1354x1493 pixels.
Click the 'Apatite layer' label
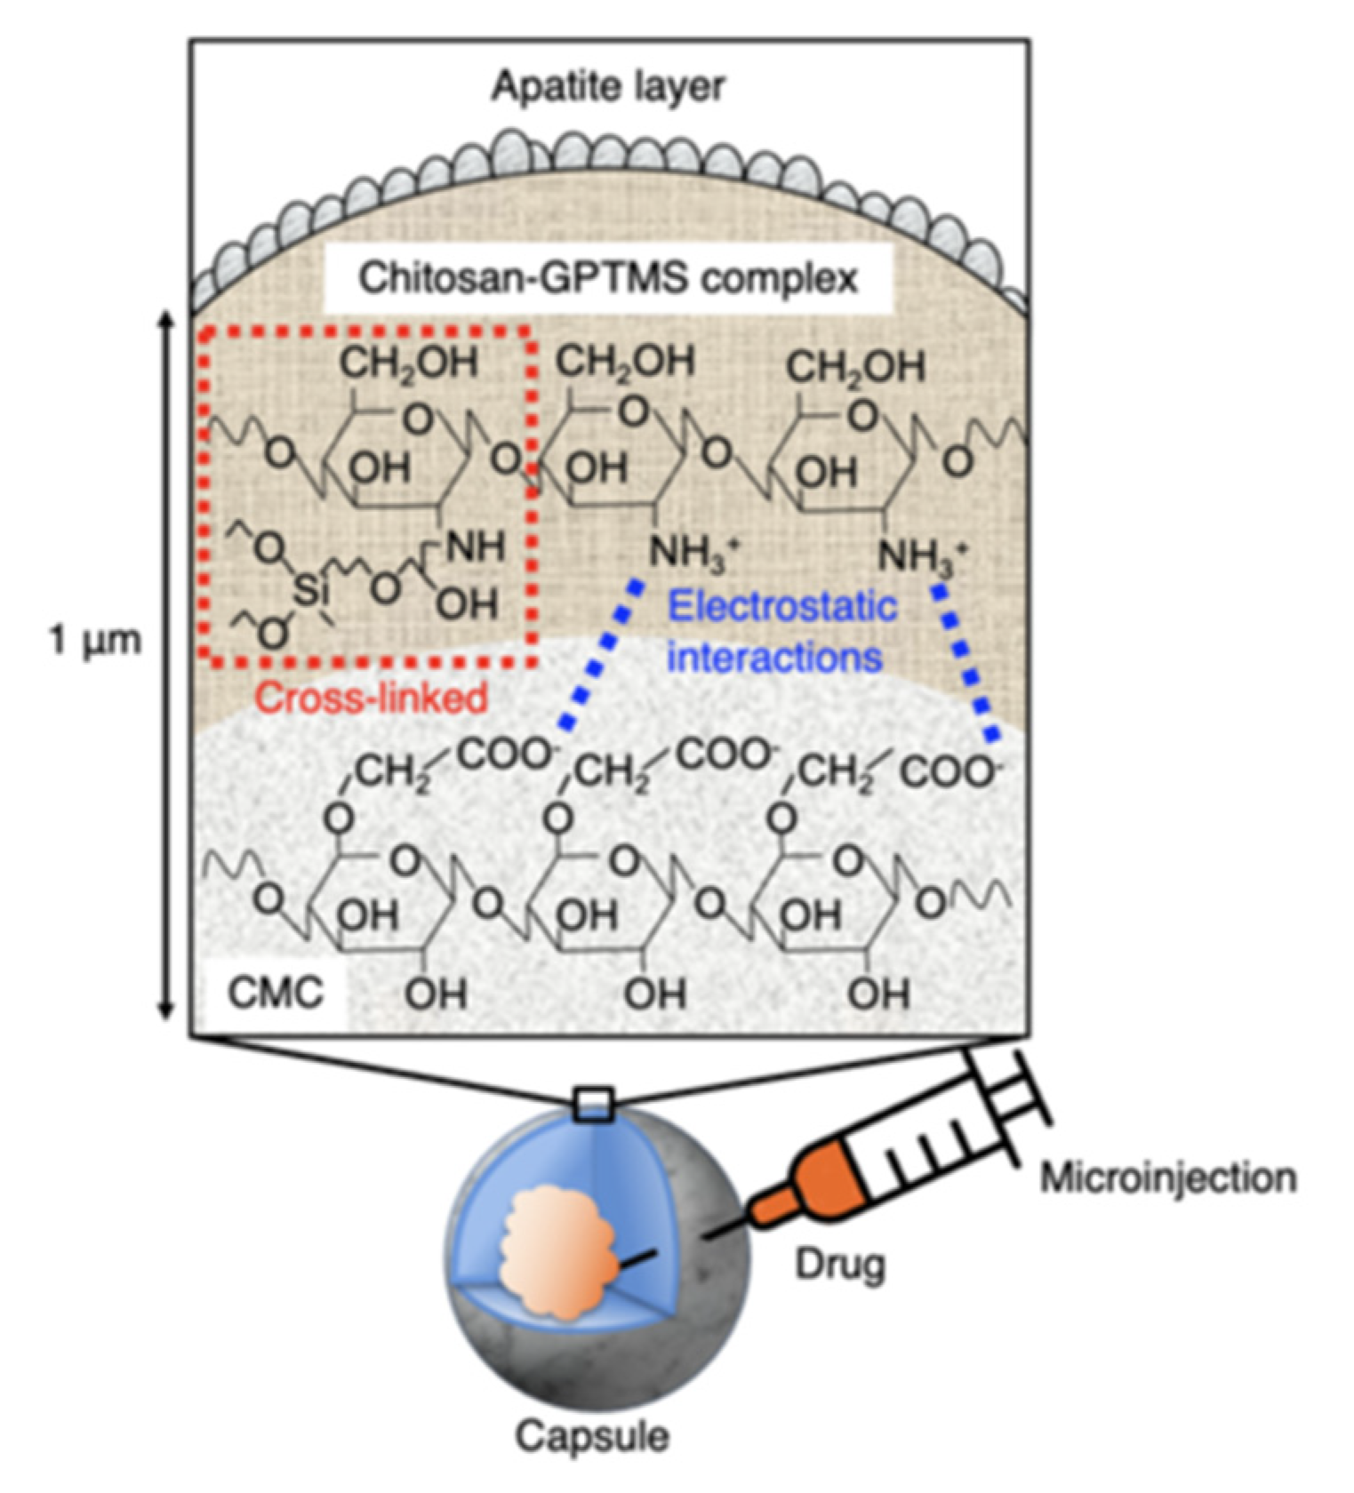point(608,86)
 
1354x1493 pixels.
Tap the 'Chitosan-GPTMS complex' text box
point(608,278)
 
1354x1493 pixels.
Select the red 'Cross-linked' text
point(371,698)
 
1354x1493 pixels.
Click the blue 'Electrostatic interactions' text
point(781,632)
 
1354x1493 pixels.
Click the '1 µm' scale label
point(94,640)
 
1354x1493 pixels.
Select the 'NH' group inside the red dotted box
point(475,546)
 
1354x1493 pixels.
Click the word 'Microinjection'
point(1167,1178)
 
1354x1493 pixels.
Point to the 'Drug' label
point(839,1263)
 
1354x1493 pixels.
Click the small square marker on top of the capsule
point(593,1105)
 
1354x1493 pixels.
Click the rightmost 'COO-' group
point(949,771)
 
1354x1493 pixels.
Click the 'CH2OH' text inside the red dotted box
point(408,363)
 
